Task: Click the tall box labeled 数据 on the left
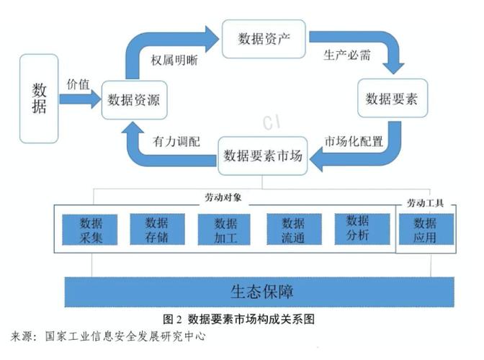click(x=40, y=99)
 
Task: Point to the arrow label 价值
click(x=79, y=84)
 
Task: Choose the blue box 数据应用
click(x=426, y=230)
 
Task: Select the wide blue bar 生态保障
click(x=261, y=292)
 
